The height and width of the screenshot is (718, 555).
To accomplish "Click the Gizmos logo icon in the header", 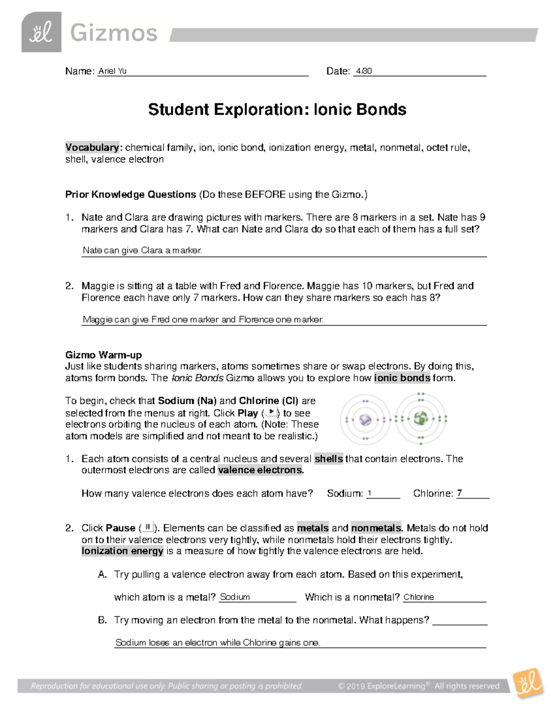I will [41, 32].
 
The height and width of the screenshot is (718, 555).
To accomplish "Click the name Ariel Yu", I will [112, 71].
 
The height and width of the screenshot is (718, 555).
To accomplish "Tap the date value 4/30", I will [364, 71].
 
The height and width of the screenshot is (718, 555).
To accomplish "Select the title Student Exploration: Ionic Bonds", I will [277, 110].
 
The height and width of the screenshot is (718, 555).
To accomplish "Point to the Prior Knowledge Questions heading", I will [130, 195].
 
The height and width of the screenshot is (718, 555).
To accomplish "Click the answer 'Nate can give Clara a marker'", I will [142, 251].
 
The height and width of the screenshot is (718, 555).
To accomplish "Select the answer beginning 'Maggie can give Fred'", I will [203, 319].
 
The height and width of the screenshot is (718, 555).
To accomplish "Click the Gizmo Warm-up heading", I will [104, 355].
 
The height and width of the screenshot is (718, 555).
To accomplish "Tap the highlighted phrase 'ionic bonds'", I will [402, 378].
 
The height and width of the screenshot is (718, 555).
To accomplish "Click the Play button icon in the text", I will [271, 412].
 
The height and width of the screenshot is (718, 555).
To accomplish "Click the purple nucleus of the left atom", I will [365, 419].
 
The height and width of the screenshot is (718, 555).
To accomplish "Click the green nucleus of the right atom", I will [421, 419].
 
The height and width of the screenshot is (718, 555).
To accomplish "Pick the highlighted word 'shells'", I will [328, 459].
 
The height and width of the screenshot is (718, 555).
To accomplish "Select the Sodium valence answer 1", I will [370, 493].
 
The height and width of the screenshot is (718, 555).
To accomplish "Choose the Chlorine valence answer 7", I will [459, 493].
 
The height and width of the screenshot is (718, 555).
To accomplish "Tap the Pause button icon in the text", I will [148, 527].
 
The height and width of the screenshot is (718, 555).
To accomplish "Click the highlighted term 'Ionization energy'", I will [123, 551].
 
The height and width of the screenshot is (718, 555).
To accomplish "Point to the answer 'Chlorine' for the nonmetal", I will [419, 597].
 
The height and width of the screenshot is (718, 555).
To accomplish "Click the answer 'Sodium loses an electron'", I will [217, 643].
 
